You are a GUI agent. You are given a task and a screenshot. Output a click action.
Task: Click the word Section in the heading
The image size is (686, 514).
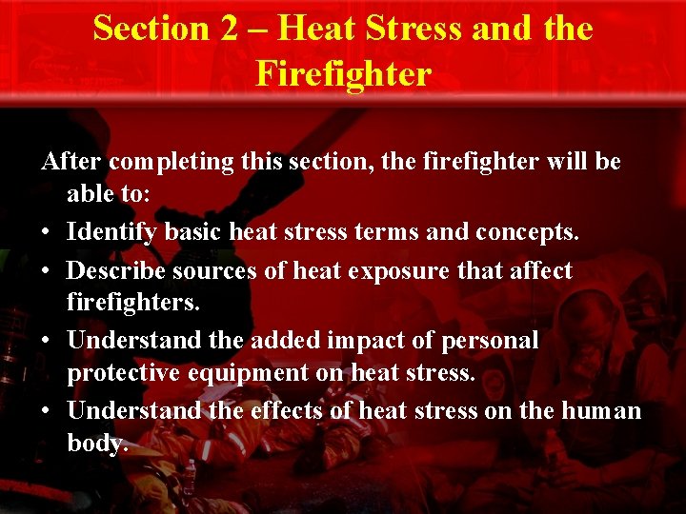(152, 29)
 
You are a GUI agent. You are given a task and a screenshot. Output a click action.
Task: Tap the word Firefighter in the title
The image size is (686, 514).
(343, 72)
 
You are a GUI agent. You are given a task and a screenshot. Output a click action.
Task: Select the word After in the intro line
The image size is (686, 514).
(71, 162)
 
